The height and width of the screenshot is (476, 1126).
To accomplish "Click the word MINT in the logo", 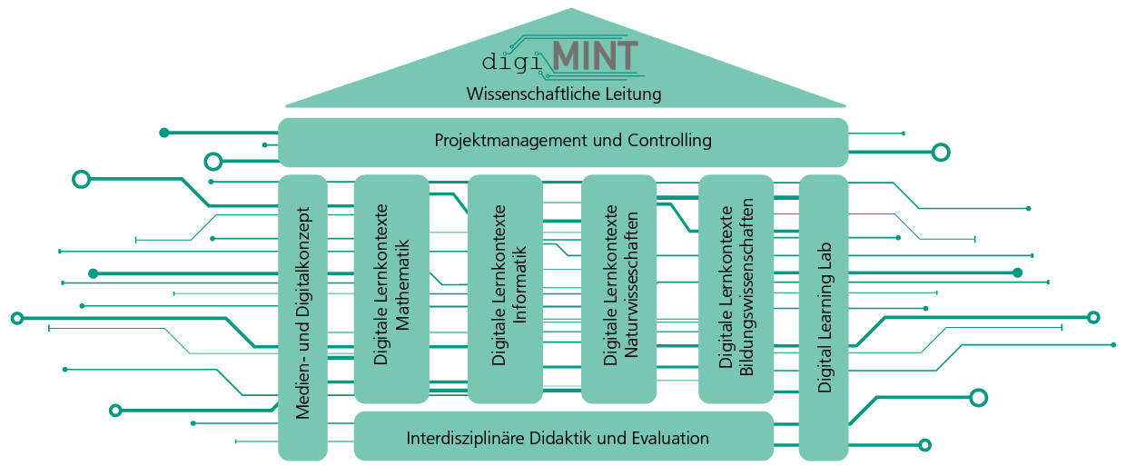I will [x=596, y=55].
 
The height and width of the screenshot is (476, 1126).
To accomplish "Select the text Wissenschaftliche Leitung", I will [x=563, y=94].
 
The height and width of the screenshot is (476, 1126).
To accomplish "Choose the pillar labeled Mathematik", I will [x=391, y=289].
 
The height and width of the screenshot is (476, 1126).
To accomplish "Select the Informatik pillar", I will [x=506, y=289].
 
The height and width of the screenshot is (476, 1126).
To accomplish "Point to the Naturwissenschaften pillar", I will [x=619, y=289].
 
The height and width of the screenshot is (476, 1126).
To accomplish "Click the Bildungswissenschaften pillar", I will [x=736, y=289].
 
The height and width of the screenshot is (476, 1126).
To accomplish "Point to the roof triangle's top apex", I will [x=572, y=10].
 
